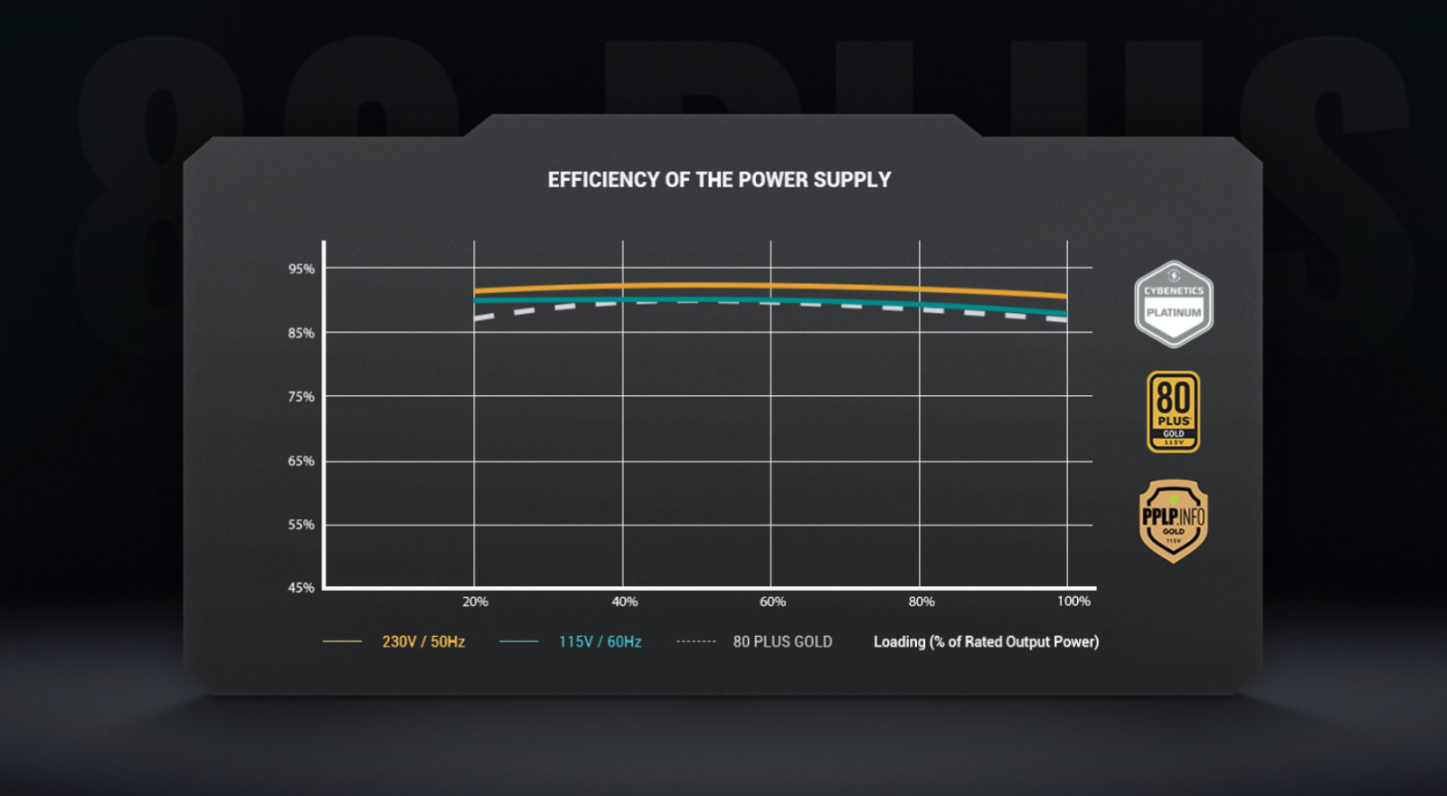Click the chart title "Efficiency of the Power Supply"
coord(719,180)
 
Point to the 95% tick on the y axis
coord(301,269)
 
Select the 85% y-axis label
coord(301,333)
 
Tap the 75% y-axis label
coord(301,396)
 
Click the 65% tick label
coord(301,460)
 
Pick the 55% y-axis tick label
coord(301,525)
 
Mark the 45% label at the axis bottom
coord(301,587)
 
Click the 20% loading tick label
coord(475,602)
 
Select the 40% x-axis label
coord(624,602)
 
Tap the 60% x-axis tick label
coord(772,602)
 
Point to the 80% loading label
coord(921,602)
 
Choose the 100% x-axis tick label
coord(1073,602)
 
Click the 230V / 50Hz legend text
coord(423,641)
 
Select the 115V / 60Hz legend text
coord(600,641)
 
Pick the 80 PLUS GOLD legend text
coord(782,641)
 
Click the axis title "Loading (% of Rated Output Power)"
coord(986,641)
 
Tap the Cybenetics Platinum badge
coord(1173,304)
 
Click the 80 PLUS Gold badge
coord(1173,412)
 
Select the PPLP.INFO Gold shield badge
coord(1173,521)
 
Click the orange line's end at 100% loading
coord(1066,296)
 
